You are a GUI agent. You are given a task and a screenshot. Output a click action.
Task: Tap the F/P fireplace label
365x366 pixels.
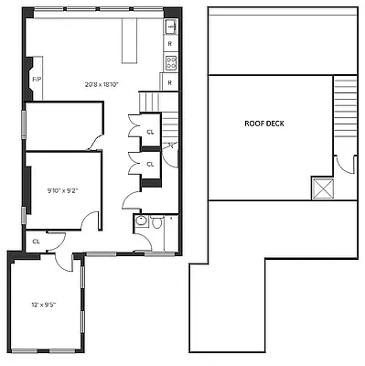[37, 81]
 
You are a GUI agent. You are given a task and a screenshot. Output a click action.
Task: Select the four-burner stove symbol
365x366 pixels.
[170, 62]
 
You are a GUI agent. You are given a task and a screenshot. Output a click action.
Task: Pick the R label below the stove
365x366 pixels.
[170, 81]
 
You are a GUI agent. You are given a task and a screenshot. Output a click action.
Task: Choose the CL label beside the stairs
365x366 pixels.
[150, 132]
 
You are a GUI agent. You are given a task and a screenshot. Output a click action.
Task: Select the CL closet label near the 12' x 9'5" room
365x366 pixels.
[36, 242]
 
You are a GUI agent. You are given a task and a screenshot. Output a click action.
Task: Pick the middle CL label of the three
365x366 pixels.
[150, 164]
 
